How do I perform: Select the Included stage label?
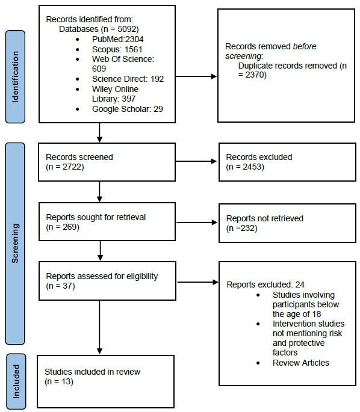16,380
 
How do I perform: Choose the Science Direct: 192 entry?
128,78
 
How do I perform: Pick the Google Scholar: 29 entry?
126,108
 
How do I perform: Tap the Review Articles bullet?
301,363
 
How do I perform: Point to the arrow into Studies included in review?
99,328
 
